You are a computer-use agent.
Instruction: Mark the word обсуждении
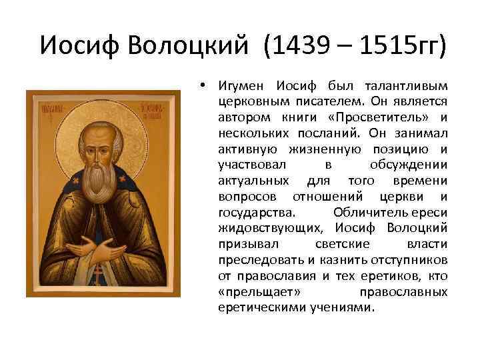coord(408,164)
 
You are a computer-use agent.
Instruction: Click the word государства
coord(254,212)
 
